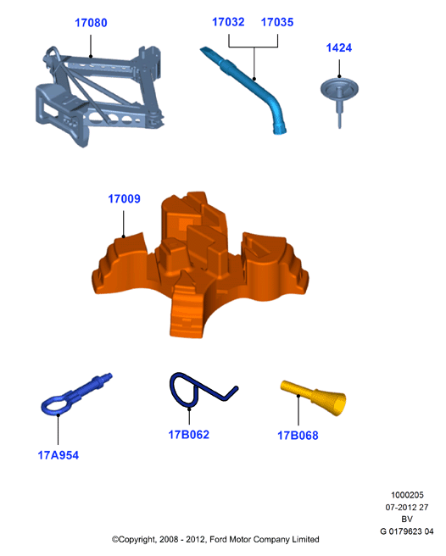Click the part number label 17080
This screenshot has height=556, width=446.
pos(91,23)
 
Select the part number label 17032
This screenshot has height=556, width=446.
pos(228,22)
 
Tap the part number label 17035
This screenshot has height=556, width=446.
pos(277,22)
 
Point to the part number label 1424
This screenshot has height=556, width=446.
pos(339,47)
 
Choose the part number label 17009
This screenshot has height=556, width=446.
pos(124,199)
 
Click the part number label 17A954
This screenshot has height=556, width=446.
pos(59,455)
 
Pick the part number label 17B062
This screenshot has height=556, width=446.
pos(189,435)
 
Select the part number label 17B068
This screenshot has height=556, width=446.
pos(298,436)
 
